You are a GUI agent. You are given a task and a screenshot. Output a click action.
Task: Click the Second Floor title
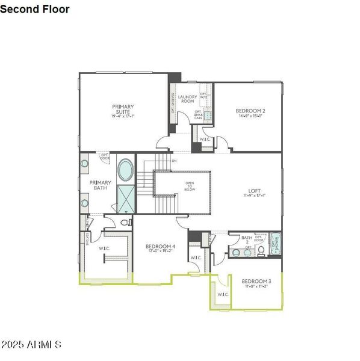[x=35, y=9]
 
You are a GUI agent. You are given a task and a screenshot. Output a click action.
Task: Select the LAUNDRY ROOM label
[x=187, y=99]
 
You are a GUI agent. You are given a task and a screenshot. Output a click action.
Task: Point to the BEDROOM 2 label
[x=250, y=111]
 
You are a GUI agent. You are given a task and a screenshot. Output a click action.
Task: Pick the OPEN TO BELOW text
[x=190, y=187]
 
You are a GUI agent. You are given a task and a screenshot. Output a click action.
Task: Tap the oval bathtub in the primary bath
[x=126, y=171]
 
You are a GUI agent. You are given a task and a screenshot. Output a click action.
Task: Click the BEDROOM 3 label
[x=256, y=282]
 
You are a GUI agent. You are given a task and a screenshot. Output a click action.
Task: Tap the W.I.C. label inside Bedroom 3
[x=222, y=294]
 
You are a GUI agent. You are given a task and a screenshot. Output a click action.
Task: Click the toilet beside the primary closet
[x=125, y=222]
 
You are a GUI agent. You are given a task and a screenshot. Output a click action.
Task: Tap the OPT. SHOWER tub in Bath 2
[x=276, y=244]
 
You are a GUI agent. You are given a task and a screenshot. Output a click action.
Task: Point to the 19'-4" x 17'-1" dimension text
[x=122, y=116]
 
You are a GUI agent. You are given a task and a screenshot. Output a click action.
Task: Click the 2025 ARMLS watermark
[x=31, y=345]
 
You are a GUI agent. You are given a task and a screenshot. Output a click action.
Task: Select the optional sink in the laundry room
[x=208, y=115]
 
